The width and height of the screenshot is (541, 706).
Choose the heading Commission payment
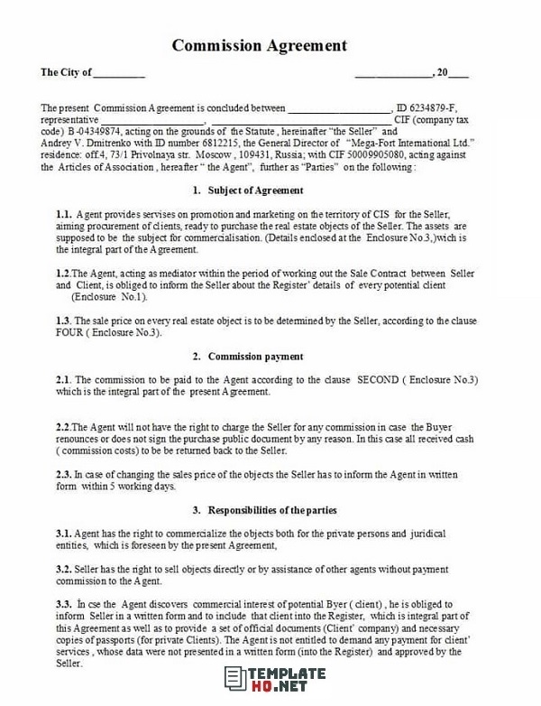[255, 357]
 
